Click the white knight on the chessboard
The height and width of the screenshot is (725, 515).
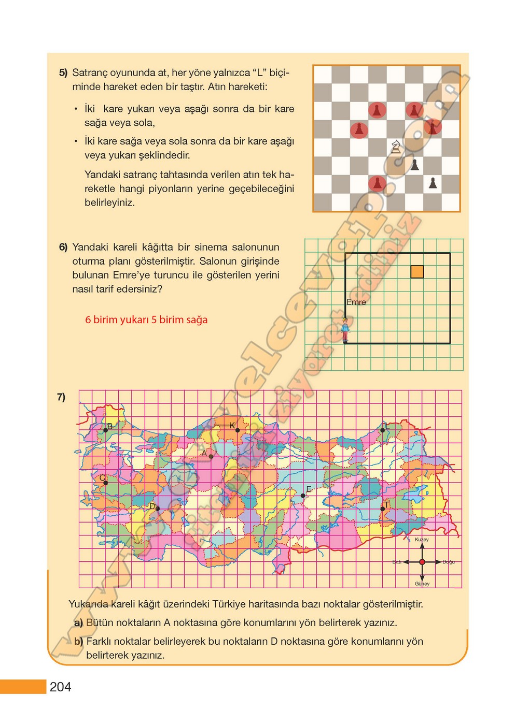click(396, 147)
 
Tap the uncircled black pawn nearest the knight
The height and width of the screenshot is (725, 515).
click(414, 165)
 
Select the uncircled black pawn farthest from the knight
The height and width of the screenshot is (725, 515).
click(433, 183)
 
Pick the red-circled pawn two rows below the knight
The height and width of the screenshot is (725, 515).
click(377, 183)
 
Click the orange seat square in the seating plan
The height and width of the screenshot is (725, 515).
click(417, 272)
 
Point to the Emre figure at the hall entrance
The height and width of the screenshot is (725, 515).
click(345, 330)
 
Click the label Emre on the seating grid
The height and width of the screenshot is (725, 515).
click(356, 302)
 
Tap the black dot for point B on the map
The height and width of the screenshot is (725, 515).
click(106, 430)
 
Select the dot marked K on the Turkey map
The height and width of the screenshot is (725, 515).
click(238, 430)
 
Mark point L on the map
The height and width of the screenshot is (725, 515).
click(383, 430)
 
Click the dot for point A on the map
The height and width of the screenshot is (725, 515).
click(211, 456)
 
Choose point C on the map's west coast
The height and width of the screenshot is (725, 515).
click(106, 483)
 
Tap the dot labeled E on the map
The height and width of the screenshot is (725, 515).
click(303, 496)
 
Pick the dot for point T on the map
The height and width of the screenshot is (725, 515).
click(383, 509)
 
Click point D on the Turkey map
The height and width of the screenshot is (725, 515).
click(158, 509)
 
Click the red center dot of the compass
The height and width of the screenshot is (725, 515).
click(422, 562)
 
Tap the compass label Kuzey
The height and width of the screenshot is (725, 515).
click(422, 540)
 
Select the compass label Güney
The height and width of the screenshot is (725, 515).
click(422, 584)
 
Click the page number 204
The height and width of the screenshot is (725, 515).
click(61, 687)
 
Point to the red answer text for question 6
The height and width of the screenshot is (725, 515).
click(146, 320)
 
